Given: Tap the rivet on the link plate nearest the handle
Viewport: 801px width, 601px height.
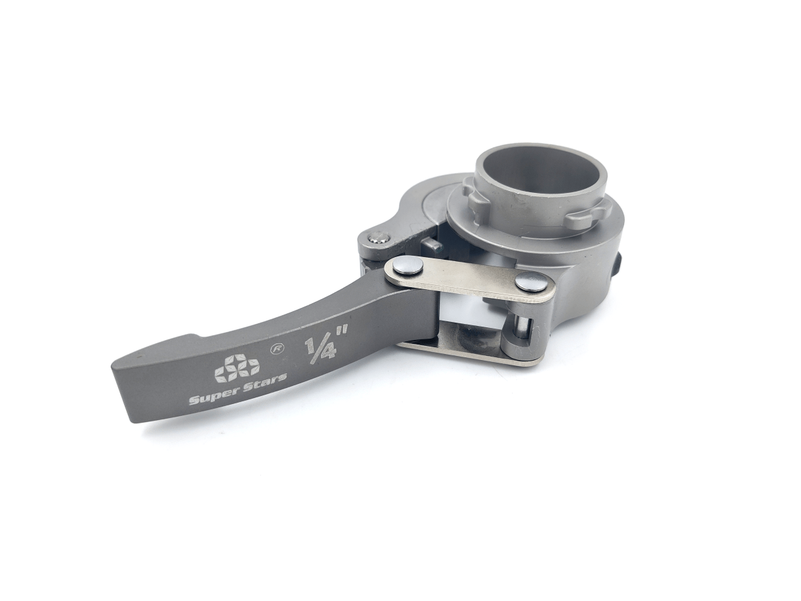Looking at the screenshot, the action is click(407, 268).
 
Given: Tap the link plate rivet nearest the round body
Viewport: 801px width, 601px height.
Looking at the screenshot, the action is click(529, 281).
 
